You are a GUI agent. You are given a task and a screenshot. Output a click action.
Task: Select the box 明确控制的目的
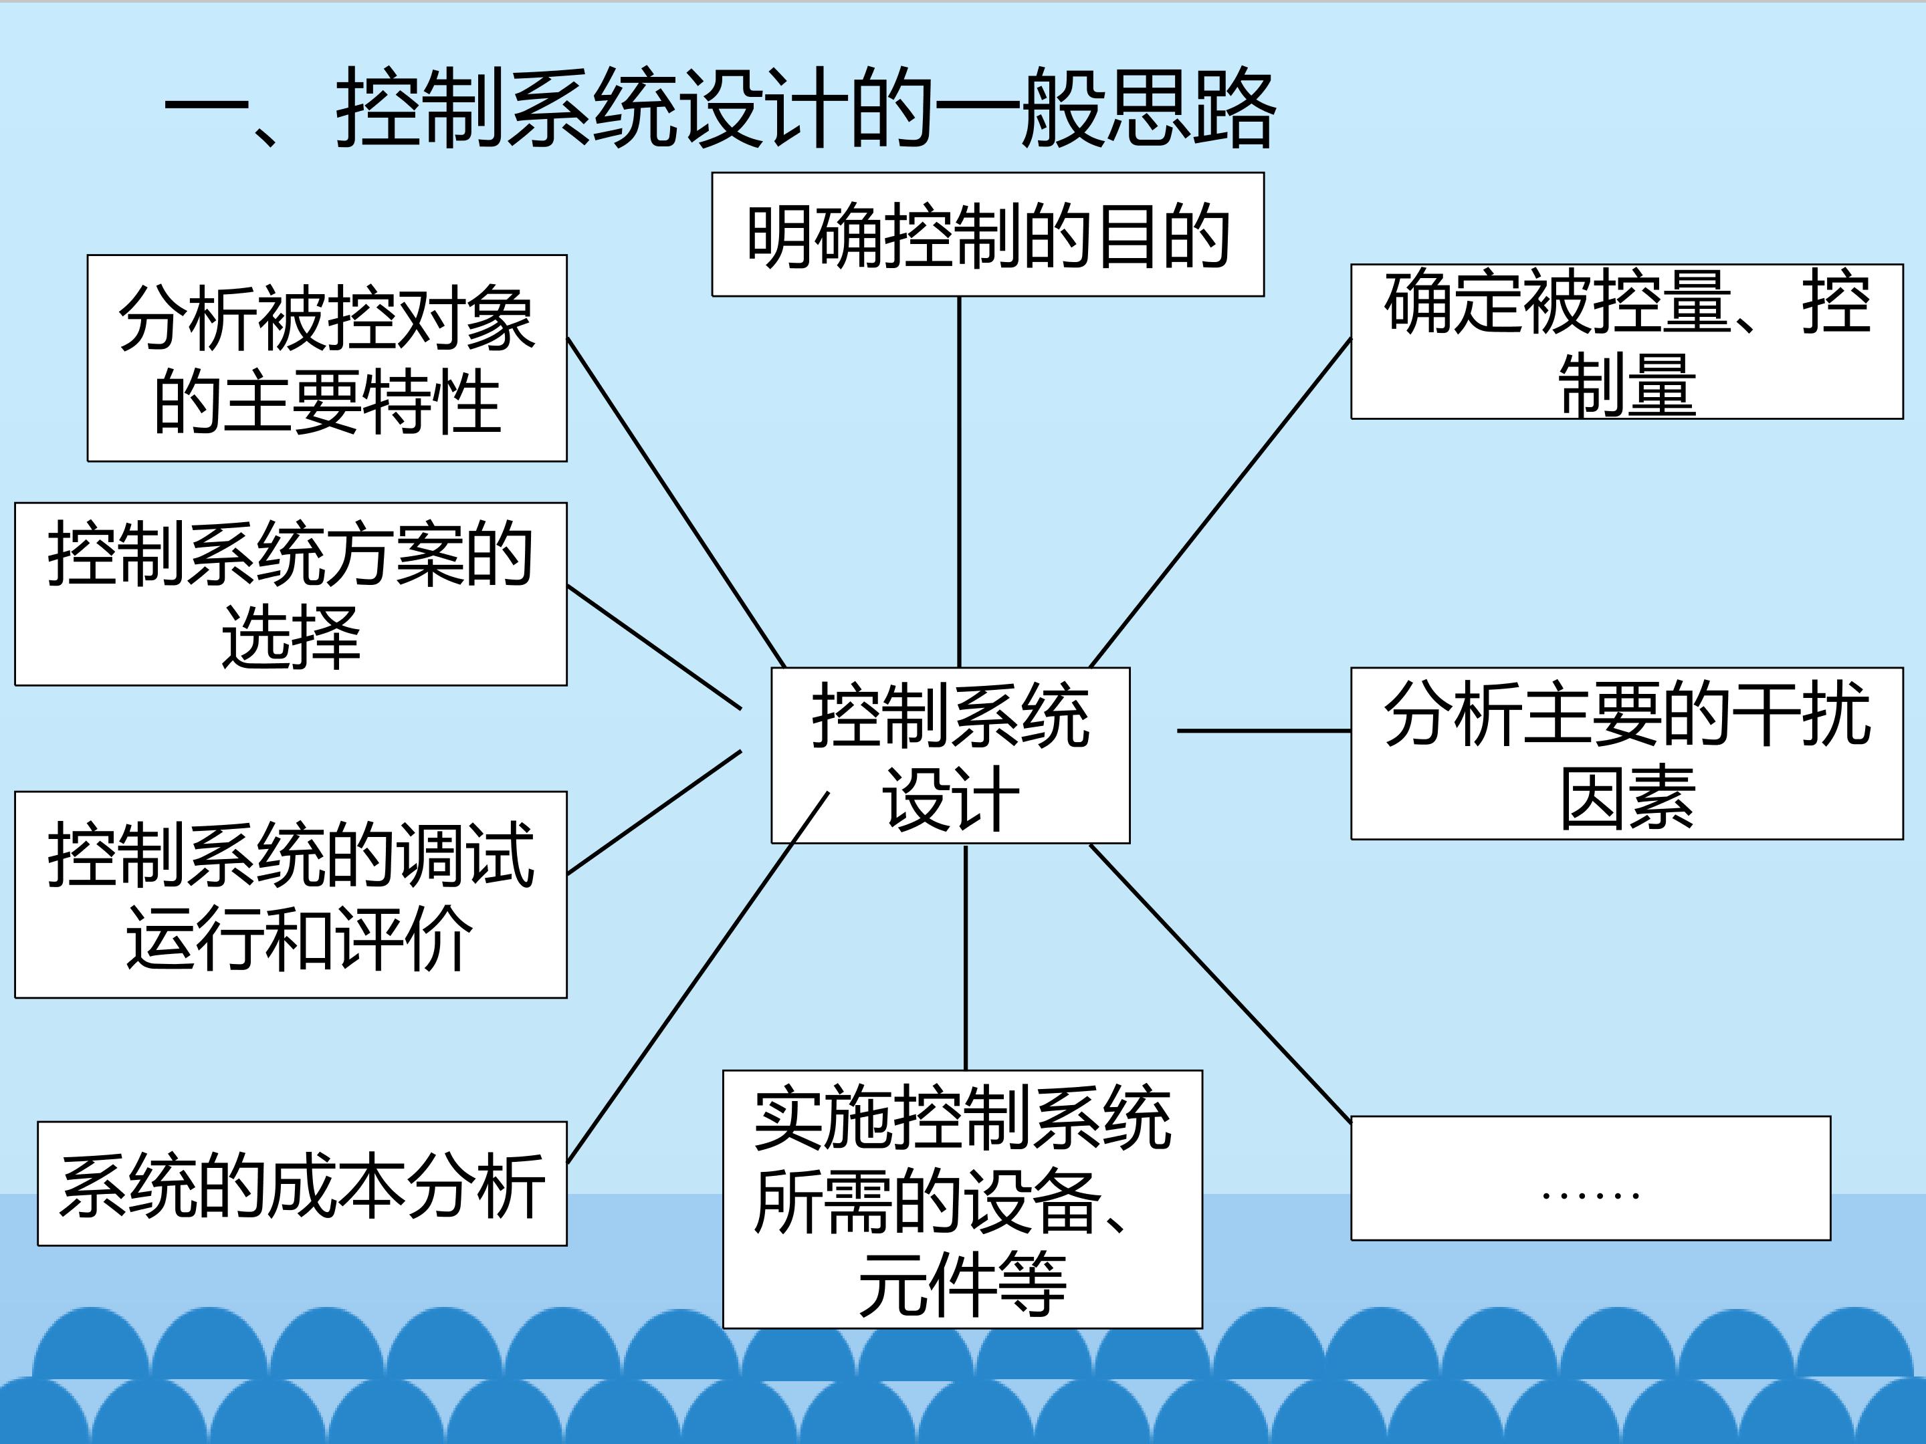[x=987, y=234]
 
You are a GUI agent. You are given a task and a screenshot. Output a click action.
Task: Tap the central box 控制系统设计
[x=950, y=755]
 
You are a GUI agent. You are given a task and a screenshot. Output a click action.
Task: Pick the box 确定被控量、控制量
[x=1626, y=341]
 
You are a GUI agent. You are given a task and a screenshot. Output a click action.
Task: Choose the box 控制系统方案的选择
[x=291, y=594]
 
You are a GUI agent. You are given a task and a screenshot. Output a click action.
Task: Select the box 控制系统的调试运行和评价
[x=291, y=894]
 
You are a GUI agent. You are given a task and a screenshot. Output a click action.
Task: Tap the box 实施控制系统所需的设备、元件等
[x=962, y=1199]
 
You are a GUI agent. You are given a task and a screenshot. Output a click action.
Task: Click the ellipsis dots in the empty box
[x=1590, y=1195]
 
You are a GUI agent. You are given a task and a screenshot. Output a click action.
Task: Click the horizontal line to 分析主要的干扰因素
[x=1263, y=730]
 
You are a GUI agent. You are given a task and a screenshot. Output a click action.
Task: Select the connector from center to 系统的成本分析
[x=698, y=977]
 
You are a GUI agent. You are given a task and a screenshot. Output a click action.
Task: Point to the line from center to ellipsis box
[x=1220, y=983]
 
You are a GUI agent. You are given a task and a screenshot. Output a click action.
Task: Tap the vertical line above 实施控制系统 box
[x=965, y=957]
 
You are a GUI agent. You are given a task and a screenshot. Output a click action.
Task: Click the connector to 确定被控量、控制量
[x=1220, y=502]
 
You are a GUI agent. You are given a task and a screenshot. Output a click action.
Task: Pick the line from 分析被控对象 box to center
[x=675, y=502]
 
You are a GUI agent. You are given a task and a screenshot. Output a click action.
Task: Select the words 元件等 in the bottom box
[x=962, y=1284]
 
